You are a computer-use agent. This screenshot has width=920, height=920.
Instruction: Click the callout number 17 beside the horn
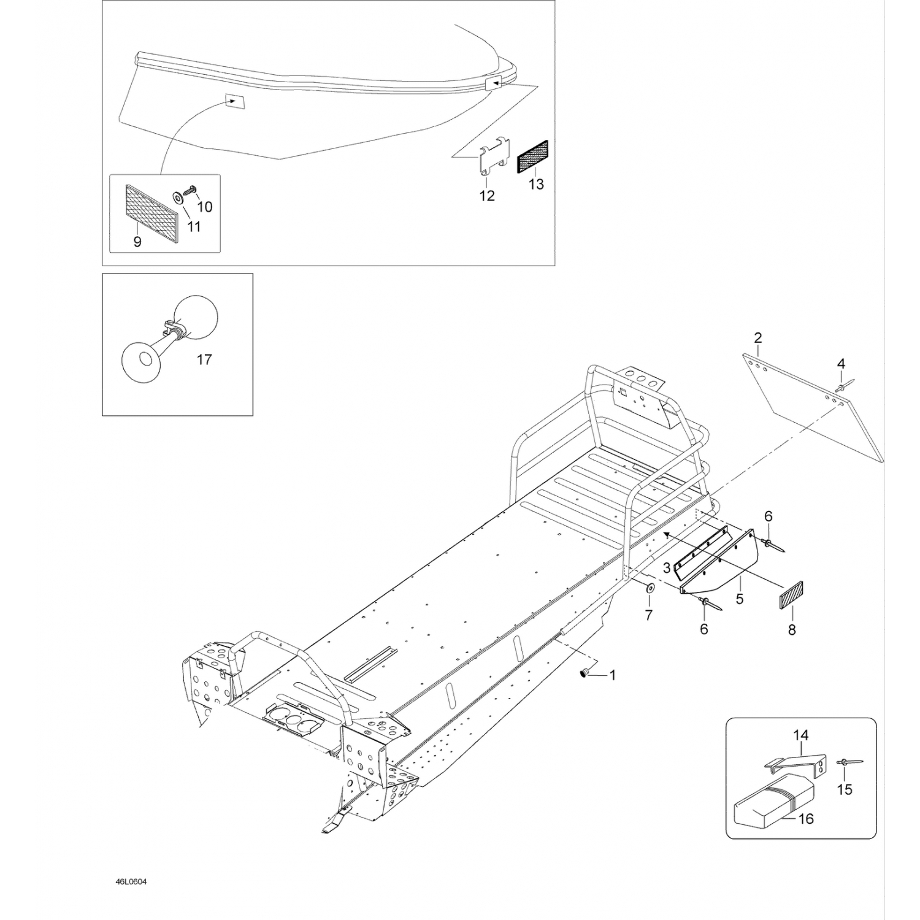click(204, 359)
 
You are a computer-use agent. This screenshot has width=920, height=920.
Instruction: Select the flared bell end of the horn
click(141, 361)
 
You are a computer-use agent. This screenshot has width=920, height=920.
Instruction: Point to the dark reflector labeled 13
click(534, 156)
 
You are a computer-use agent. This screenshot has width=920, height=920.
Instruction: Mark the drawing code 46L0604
click(131, 882)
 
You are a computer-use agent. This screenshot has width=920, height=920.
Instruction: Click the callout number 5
click(740, 599)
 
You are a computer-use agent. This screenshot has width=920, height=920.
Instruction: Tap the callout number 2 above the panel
click(758, 337)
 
